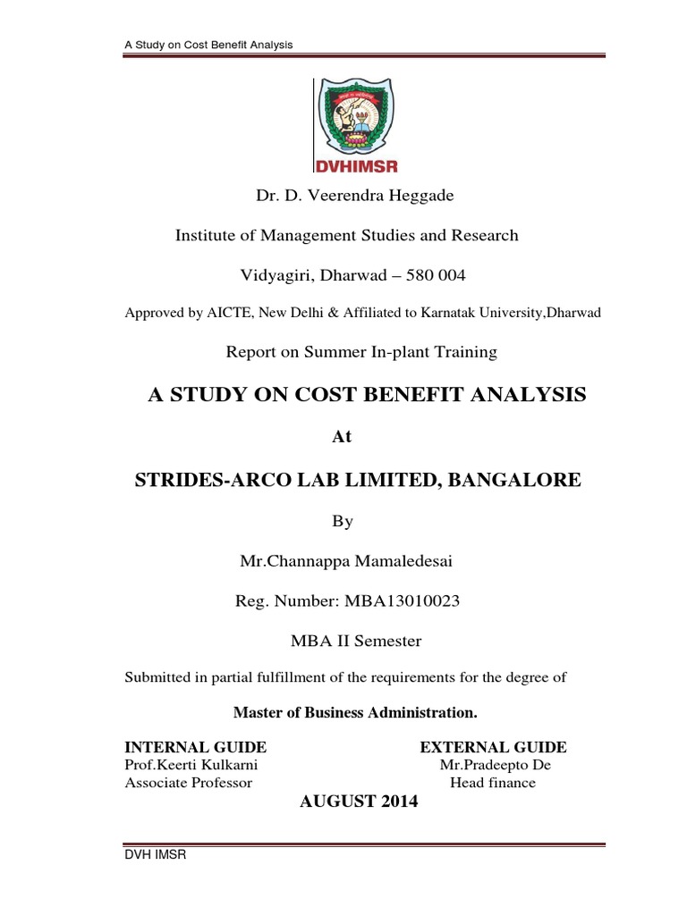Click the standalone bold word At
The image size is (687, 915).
coord(343,438)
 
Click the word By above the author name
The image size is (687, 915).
coord(343,522)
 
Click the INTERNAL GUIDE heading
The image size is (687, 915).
coord(195,747)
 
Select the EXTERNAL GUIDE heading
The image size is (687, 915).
coord(493,747)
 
